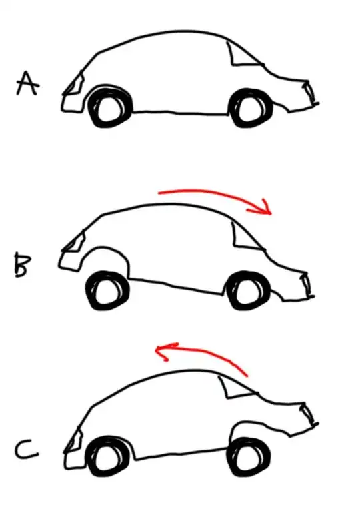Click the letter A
27,84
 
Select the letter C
26,450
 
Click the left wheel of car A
110,107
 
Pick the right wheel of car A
251,107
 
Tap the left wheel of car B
108,290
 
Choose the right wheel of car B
248,290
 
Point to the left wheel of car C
108,457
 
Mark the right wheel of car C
249,458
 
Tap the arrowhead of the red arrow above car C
164,351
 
